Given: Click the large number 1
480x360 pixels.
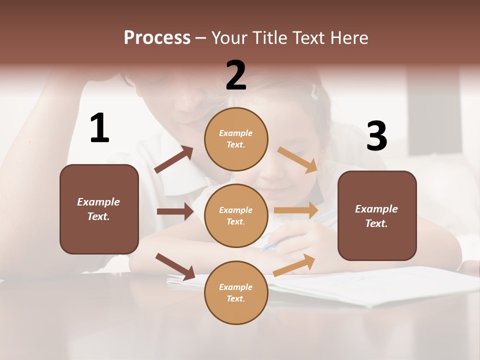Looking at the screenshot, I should [99, 128].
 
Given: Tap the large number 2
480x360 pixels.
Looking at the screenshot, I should [236, 75].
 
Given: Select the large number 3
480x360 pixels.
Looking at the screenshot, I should [376, 136].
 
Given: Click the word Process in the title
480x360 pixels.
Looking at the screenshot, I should [157, 37].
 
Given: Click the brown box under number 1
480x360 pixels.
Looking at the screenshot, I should [99, 209].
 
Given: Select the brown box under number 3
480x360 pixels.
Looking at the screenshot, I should [377, 215].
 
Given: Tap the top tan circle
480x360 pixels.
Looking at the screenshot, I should [236, 139].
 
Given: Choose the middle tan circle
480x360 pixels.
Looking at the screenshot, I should [236, 215].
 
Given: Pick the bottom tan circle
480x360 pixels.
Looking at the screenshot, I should [236, 292].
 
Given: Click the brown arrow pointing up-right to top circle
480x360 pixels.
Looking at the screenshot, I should [174, 159].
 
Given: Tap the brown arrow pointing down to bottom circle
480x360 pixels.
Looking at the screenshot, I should [175, 266].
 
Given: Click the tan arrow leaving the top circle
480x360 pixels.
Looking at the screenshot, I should [297, 159].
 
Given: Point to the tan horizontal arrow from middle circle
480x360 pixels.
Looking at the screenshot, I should [295, 210].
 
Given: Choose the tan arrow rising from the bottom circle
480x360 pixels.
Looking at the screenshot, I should [294, 265].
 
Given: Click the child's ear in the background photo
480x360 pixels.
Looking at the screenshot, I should [315, 91].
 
